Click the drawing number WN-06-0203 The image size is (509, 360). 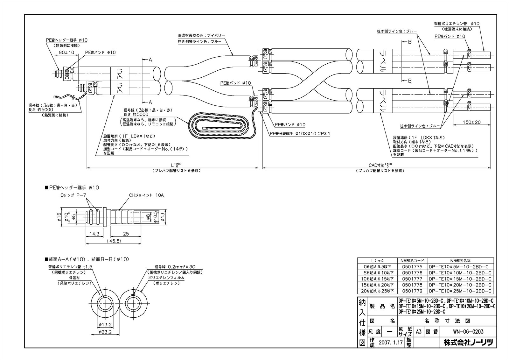click(468, 332)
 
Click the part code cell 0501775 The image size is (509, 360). click(412, 267)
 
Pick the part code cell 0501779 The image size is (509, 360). click(412, 291)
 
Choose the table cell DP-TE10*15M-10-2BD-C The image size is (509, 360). click(460, 279)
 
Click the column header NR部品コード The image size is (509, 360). click(412, 260)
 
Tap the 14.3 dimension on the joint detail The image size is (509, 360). click(94, 234)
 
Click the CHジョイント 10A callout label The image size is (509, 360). click(146, 195)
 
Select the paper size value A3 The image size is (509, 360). click(419, 332)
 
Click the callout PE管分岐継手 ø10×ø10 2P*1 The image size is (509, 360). click(300, 134)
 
